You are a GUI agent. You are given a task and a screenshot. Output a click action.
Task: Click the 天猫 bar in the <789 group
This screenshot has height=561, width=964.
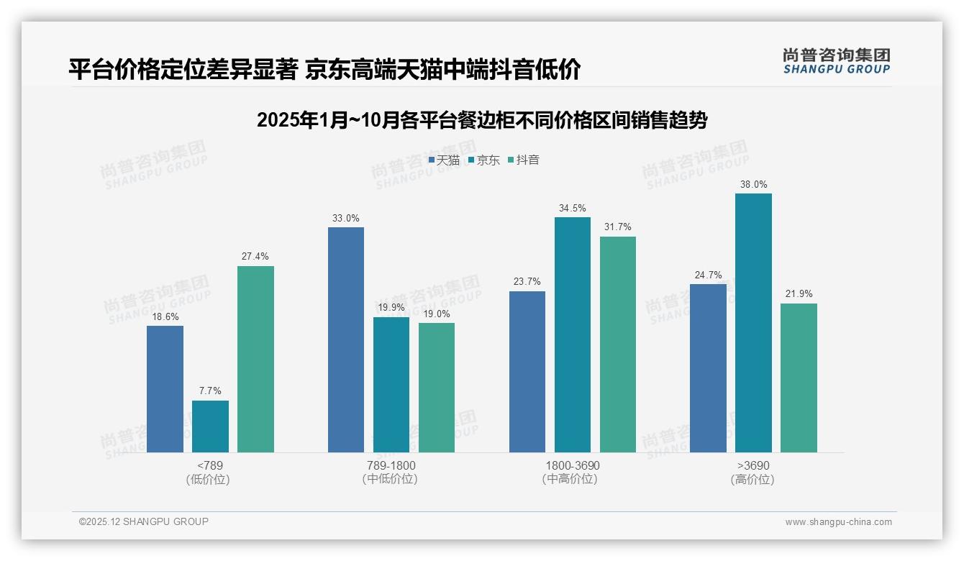[x=165, y=389]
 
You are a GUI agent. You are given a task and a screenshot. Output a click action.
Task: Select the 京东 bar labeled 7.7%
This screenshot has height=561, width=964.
[x=210, y=427]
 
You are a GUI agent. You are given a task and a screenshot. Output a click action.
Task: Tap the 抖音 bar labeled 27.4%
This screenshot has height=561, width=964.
[x=255, y=359]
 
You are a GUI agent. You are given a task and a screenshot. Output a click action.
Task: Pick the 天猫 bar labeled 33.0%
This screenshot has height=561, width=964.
[x=346, y=339]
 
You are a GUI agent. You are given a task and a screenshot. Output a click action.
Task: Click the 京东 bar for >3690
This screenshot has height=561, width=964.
[x=753, y=323]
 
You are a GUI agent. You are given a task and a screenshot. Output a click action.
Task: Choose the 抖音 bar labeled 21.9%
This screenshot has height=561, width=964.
[x=799, y=378]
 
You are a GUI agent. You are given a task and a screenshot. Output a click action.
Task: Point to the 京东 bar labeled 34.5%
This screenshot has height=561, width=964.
[x=573, y=334]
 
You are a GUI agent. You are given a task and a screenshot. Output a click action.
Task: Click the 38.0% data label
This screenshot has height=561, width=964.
[x=753, y=185]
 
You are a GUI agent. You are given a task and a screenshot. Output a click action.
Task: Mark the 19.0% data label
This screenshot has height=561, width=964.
[x=437, y=314]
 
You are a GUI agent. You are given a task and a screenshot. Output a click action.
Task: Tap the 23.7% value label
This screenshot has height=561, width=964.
[x=527, y=282]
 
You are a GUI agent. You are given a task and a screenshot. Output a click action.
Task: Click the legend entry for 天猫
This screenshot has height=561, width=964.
[x=444, y=160]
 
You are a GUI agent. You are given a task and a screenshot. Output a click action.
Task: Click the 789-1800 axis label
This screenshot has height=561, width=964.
[x=391, y=465]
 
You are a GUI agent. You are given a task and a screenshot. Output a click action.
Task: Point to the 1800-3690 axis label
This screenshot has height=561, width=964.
[x=572, y=465]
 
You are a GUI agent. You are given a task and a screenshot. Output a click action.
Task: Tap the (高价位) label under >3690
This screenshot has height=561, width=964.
[x=752, y=480]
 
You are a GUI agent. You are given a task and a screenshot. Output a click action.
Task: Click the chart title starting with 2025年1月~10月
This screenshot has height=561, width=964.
[x=482, y=120]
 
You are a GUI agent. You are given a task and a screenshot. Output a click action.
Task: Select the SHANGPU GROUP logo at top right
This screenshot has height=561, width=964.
[x=836, y=61]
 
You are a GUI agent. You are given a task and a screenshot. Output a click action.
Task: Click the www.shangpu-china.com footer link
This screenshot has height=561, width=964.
[x=838, y=522]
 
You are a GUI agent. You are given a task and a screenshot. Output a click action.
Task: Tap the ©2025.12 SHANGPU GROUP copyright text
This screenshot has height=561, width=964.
[x=144, y=521]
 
